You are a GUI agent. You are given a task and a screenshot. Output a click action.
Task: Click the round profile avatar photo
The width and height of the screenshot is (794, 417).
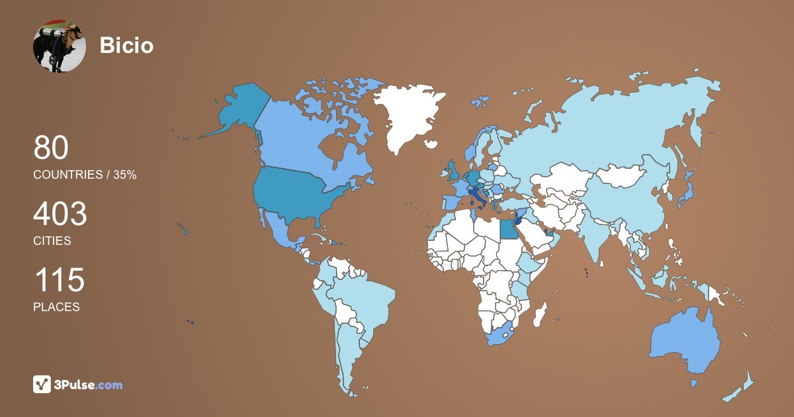(x=60, y=46)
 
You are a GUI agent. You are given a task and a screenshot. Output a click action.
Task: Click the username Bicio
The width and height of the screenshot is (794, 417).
(x=126, y=46)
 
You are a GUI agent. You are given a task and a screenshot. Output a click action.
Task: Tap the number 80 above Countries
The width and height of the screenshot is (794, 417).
(x=51, y=148)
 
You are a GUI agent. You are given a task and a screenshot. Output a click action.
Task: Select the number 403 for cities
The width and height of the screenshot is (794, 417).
(x=60, y=215)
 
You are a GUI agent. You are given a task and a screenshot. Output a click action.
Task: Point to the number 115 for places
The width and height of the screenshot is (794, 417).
(x=59, y=281)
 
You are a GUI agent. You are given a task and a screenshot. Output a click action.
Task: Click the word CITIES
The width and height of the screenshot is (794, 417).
(x=52, y=241)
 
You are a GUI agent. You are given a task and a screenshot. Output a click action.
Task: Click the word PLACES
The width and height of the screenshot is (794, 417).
(x=56, y=307)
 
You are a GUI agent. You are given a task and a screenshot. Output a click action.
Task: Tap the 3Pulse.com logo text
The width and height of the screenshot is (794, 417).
(x=88, y=385)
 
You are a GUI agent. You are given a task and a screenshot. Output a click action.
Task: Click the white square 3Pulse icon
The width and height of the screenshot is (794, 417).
(x=42, y=385)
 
